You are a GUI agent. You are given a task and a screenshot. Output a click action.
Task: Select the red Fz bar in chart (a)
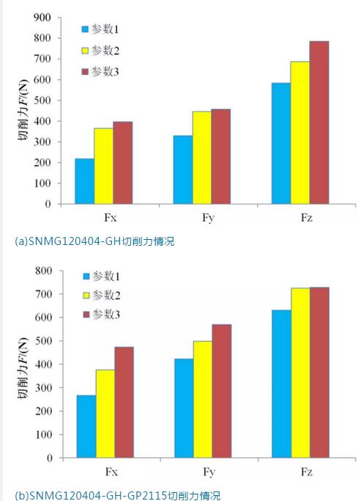(319, 122)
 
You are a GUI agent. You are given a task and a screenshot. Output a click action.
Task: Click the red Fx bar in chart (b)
(124, 402)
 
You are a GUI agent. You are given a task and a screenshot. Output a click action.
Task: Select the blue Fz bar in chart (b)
(280, 384)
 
